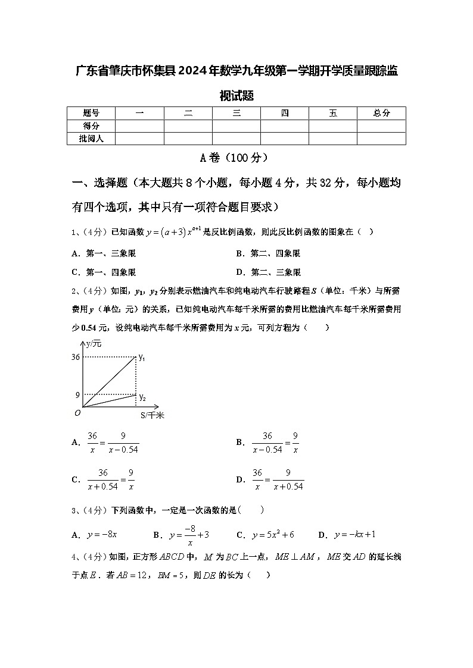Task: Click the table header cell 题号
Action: point(91,113)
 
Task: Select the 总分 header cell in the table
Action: point(381,113)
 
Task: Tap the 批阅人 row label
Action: point(91,139)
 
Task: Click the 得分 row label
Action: point(91,126)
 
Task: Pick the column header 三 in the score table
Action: point(236,113)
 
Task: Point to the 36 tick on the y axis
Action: point(75,357)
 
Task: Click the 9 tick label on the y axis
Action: point(77,394)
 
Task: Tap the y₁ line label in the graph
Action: point(142,357)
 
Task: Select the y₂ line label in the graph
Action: point(142,397)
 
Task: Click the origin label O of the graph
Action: point(77,412)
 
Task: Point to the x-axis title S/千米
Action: point(152,415)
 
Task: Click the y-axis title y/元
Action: point(94,344)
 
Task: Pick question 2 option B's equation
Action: point(275,443)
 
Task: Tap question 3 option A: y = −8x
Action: point(101,535)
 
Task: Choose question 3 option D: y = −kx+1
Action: point(354,535)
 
